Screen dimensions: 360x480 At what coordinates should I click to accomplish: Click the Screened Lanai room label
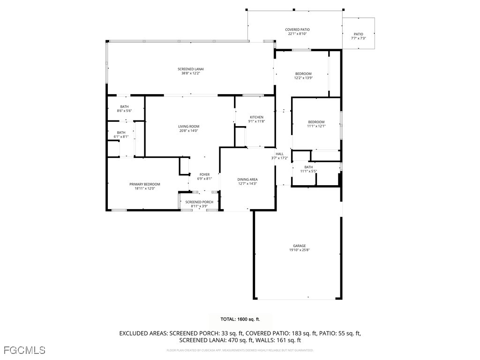click(192, 69)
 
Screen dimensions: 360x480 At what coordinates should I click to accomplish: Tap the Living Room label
click(188, 127)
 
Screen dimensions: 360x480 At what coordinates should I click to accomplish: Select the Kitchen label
click(256, 117)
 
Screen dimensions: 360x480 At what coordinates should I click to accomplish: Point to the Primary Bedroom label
click(145, 184)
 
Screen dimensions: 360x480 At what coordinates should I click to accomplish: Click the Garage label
click(299, 246)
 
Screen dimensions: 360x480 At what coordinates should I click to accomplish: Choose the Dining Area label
click(247, 180)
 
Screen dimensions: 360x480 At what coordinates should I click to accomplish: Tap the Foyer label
click(204, 174)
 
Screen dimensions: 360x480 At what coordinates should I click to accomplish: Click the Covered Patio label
click(297, 30)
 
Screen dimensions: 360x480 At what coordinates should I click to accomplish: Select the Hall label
click(279, 154)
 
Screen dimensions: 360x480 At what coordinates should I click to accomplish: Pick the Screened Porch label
click(199, 202)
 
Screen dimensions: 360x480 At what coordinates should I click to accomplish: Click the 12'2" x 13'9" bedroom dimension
click(303, 78)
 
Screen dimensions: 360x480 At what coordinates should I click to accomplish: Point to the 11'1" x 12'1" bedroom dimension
click(316, 126)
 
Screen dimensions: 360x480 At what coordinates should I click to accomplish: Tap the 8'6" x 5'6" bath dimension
click(124, 111)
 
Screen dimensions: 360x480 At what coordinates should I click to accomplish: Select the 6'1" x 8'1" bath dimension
click(121, 137)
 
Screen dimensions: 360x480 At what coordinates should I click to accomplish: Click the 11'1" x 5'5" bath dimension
click(308, 171)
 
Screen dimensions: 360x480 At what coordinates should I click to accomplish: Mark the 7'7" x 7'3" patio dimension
click(358, 38)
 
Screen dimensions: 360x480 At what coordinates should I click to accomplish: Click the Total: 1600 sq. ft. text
click(240, 319)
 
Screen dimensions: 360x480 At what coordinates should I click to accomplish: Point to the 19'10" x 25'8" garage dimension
click(299, 250)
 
